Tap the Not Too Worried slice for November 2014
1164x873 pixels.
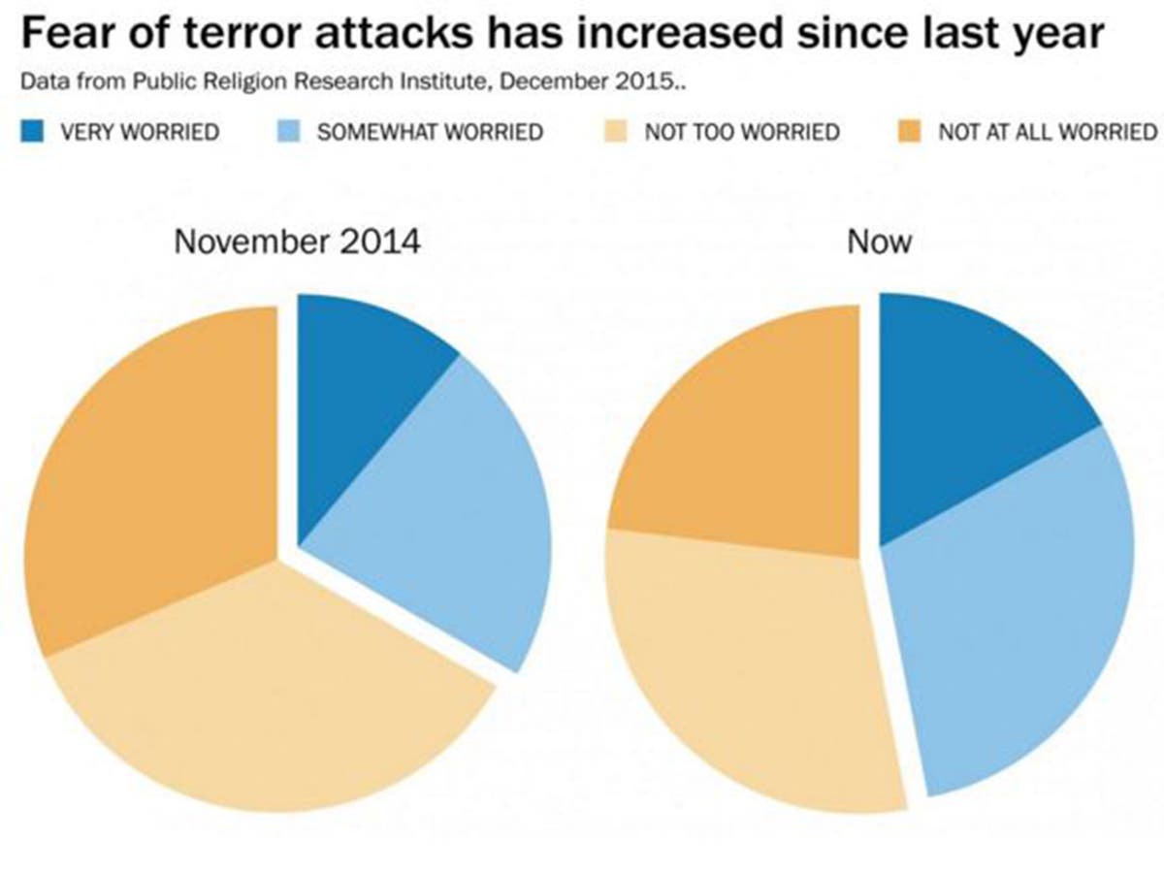pos(281,708)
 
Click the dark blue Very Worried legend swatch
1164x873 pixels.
pos(33,130)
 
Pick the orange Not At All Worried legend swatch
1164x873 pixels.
pos(911,130)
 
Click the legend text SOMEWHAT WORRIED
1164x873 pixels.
pos(430,131)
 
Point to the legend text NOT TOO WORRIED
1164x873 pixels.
pos(742,131)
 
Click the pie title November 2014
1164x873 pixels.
pos(297,241)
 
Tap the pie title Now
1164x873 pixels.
pos(879,241)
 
